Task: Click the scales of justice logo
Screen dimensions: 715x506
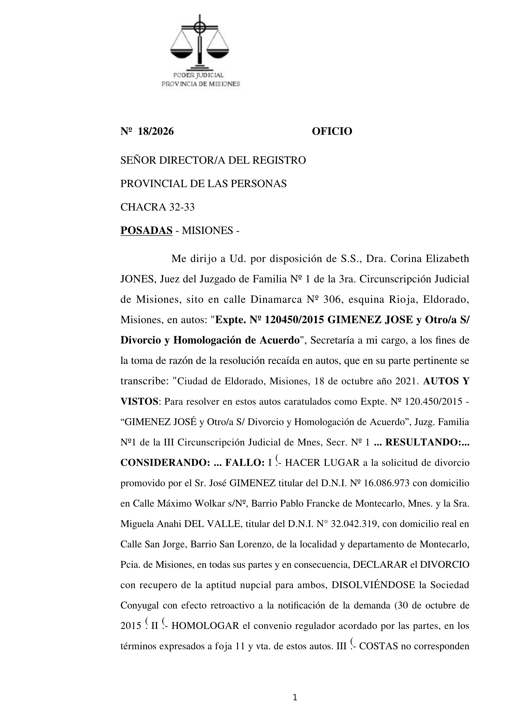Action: [199, 42]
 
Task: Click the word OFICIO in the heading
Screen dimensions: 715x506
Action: [332, 131]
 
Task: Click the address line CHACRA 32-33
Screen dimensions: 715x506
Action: [157, 207]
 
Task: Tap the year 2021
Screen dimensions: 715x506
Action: [406, 382]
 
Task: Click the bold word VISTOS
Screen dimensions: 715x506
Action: [139, 402]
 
